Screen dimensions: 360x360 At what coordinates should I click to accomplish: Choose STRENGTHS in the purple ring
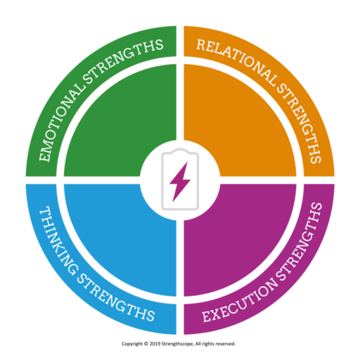point(300,241)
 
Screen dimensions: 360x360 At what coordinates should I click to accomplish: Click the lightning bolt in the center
point(180,181)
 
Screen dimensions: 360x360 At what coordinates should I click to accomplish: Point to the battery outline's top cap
point(180,150)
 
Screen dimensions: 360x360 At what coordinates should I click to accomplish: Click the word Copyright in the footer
point(132,344)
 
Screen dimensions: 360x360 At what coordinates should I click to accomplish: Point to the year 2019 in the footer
point(155,344)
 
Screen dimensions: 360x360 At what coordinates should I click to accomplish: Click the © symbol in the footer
point(146,344)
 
